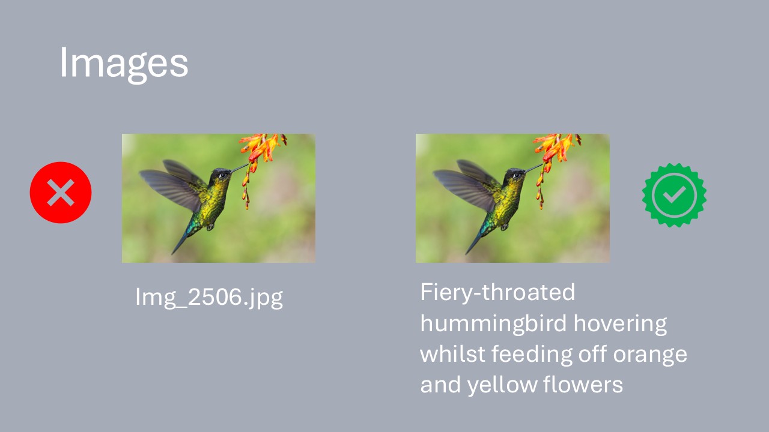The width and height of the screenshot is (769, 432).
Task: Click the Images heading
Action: pyautogui.click(x=124, y=64)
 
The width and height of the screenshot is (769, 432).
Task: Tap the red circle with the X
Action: pyautogui.click(x=61, y=193)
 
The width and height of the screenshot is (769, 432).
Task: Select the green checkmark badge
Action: pyautogui.click(x=674, y=195)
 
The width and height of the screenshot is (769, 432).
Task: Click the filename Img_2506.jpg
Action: pyautogui.click(x=209, y=297)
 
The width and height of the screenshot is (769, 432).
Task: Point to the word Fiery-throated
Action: pyautogui.click(x=497, y=292)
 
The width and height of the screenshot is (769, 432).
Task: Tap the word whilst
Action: pyautogui.click(x=452, y=353)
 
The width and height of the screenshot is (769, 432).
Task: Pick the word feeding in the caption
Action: pyautogui.click(x=532, y=355)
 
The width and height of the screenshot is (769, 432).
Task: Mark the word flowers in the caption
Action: pyautogui.click(x=583, y=385)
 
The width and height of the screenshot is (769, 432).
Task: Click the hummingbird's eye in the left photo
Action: pyautogui.click(x=223, y=176)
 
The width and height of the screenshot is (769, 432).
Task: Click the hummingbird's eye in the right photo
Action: pyautogui.click(x=517, y=176)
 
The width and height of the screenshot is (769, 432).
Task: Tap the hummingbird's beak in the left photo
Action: pyautogui.click(x=239, y=168)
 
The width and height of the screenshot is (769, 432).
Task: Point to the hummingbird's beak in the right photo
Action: pyautogui.click(x=533, y=168)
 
